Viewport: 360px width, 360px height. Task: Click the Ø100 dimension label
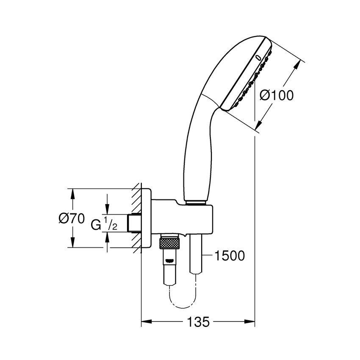click(277, 95)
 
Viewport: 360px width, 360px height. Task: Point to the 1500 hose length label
click(229, 256)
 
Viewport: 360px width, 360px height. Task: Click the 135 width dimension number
click(198, 322)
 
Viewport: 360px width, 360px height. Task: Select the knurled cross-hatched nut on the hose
click(169, 243)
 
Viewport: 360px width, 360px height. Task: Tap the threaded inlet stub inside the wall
click(135, 223)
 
